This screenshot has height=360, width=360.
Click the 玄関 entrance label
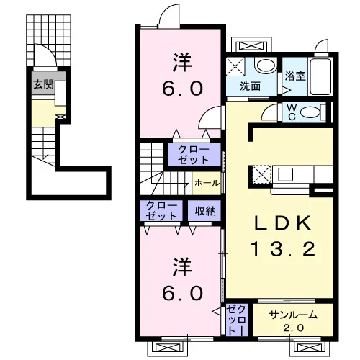(43, 84)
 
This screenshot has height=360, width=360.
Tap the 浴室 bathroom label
(295, 76)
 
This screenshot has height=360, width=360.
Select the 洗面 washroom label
(251, 86)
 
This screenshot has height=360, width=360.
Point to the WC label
(292, 112)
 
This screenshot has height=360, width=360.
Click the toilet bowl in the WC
(310, 112)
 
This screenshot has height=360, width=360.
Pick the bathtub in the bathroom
(320, 76)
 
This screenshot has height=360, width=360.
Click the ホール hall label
(207, 183)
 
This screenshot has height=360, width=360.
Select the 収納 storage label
(205, 211)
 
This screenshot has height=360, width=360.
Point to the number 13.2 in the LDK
(282, 249)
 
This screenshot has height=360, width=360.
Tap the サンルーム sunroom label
(293, 315)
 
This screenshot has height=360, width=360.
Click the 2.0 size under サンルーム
(293, 328)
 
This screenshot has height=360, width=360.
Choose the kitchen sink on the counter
(286, 174)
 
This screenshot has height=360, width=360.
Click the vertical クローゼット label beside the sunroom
(237, 320)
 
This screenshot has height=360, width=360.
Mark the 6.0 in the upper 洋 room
(182, 89)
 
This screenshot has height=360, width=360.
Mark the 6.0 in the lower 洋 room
(182, 293)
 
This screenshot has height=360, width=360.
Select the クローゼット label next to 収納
(161, 211)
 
